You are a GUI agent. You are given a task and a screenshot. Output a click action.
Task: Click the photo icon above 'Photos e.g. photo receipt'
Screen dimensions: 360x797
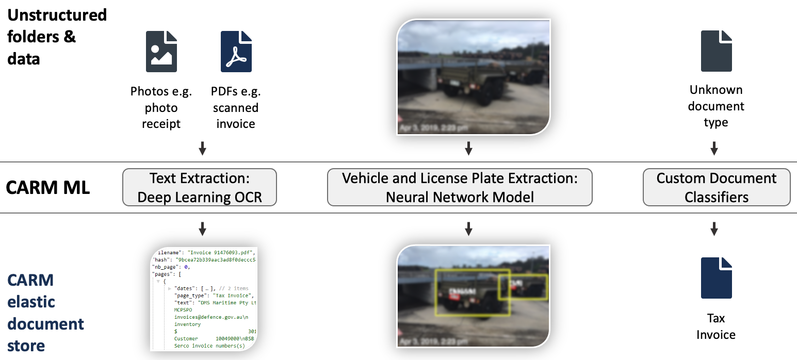[161, 51]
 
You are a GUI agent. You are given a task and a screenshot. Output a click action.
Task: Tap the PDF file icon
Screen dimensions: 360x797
[236, 51]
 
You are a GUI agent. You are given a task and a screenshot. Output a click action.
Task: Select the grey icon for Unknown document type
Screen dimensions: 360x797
[716, 51]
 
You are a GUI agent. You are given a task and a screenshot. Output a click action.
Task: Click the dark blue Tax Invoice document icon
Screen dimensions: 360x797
[716, 278]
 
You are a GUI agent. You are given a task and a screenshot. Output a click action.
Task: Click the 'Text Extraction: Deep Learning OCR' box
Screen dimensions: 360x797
[200, 188]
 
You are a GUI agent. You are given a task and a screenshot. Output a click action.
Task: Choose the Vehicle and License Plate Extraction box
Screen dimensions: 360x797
[460, 188]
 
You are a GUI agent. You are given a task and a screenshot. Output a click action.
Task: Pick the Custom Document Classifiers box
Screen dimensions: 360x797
[716, 188]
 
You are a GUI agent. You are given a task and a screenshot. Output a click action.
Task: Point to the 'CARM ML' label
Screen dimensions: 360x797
[47, 188]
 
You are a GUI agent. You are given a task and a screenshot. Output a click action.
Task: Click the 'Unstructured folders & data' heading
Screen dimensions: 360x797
[57, 37]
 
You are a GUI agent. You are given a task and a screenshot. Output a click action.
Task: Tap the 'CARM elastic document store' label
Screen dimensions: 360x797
[46, 313]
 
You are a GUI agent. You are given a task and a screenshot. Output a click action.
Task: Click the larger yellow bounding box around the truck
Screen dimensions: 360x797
[472, 292]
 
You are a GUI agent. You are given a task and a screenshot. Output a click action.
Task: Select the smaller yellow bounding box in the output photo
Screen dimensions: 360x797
[522, 287]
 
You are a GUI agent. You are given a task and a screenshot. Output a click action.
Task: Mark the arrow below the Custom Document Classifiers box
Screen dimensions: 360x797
[714, 228]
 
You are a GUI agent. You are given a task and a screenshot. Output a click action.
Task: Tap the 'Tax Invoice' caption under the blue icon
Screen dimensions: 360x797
[716, 326]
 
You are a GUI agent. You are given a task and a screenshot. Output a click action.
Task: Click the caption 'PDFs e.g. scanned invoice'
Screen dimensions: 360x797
[236, 107]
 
